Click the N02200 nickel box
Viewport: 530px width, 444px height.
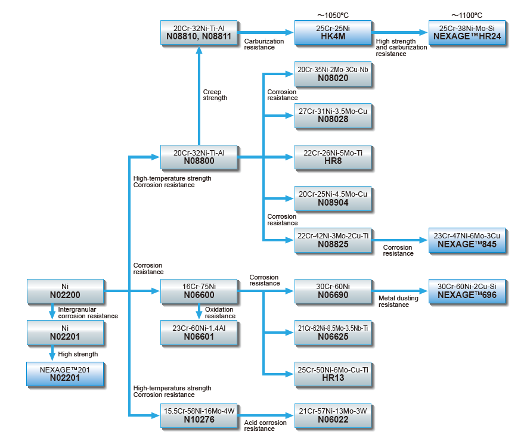(x=65, y=290)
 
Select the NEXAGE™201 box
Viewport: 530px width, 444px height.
(x=65, y=374)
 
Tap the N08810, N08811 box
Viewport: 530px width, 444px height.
(x=199, y=32)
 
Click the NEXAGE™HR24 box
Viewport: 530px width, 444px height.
(x=467, y=32)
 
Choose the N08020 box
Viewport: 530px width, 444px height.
(x=333, y=74)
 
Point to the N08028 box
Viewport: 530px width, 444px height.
(x=333, y=115)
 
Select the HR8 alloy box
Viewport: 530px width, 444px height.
(x=333, y=157)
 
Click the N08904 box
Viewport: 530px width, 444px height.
(x=333, y=198)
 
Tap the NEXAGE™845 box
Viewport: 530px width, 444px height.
(x=467, y=240)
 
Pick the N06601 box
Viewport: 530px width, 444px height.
(x=199, y=332)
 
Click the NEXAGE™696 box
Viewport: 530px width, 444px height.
(x=467, y=290)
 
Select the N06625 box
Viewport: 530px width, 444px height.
(x=333, y=332)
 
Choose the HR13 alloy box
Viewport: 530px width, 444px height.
(x=333, y=374)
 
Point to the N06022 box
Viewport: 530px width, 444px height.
(x=333, y=415)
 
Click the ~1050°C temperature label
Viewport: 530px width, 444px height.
(x=333, y=14)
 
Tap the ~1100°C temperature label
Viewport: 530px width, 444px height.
(x=467, y=14)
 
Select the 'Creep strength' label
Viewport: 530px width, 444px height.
(x=215, y=95)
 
